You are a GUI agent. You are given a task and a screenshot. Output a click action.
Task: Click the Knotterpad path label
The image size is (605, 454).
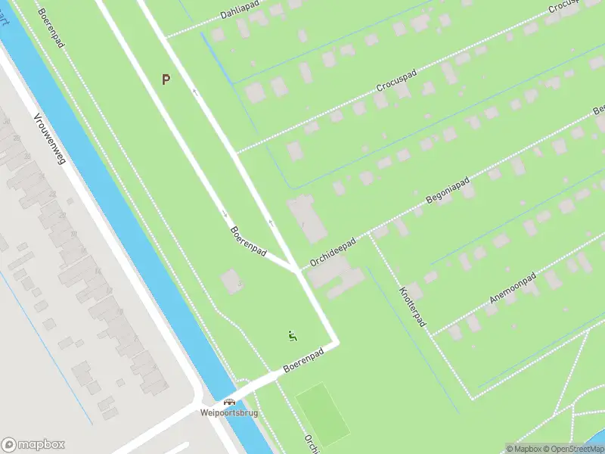412,306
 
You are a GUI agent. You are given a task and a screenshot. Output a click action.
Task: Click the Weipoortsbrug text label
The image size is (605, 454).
228,413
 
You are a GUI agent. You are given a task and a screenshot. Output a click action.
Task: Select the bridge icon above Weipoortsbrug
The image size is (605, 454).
228,402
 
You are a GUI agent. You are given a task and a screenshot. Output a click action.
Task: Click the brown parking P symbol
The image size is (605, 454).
166,79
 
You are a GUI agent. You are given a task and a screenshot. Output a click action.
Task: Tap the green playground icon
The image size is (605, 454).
293,334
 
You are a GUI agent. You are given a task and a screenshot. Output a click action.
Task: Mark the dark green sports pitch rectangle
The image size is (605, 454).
322,415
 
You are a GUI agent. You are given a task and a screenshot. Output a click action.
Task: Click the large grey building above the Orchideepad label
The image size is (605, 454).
306,218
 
